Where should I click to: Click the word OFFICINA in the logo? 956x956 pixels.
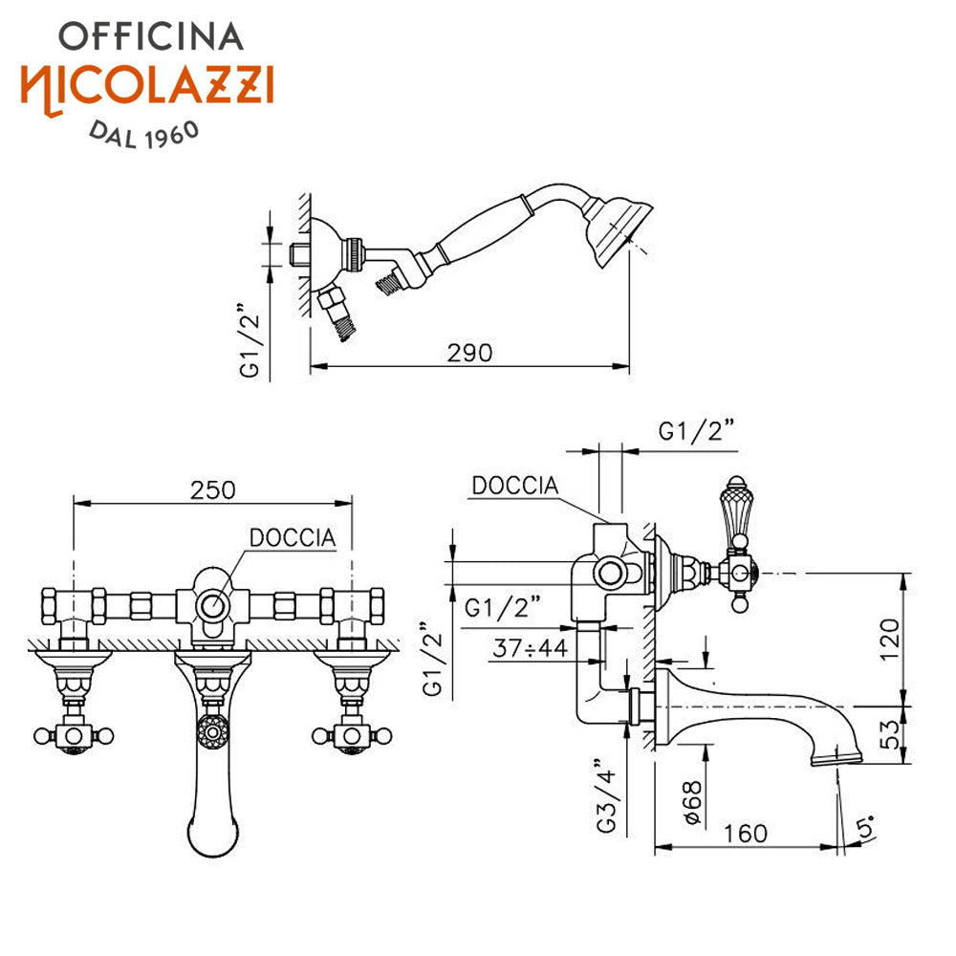(x=151, y=36)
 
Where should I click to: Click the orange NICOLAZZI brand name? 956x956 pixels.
(x=147, y=87)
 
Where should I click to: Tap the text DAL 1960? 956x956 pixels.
(x=144, y=134)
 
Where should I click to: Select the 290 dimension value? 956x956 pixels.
(x=469, y=353)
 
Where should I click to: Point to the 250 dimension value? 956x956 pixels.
(x=212, y=490)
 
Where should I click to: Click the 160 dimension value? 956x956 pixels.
(x=745, y=834)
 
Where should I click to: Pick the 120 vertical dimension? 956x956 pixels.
(x=889, y=639)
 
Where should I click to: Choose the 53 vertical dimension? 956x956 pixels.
(x=889, y=734)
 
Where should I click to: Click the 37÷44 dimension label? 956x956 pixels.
(x=531, y=647)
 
